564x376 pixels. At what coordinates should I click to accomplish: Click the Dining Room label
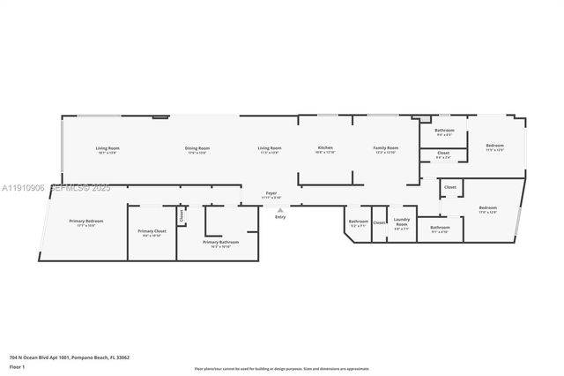[x=197, y=148]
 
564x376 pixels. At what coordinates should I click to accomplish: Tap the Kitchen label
[x=325, y=147]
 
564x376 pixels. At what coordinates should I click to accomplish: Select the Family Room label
[x=386, y=148]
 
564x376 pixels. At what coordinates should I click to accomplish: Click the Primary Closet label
[x=152, y=231]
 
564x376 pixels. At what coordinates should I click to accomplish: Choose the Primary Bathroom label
[x=221, y=242]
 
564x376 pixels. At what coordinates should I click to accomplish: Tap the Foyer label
[x=271, y=193]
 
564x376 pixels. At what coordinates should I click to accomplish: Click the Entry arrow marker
[x=280, y=210]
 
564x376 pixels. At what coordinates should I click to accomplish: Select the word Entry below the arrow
[x=280, y=217]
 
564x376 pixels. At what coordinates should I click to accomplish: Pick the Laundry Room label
[x=402, y=223]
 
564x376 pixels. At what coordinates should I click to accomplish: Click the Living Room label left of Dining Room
[x=108, y=148]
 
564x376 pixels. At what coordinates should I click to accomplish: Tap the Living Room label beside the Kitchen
[x=270, y=148]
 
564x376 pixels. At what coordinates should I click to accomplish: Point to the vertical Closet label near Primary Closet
[x=182, y=214]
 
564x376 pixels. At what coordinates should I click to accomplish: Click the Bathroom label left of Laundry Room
[x=358, y=222]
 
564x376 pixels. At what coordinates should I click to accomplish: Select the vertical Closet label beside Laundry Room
[x=379, y=222]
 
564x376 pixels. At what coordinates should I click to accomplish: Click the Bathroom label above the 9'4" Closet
[x=443, y=130]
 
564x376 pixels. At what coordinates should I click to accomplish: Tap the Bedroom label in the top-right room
[x=494, y=146]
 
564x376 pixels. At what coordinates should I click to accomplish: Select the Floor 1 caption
[x=17, y=365]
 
